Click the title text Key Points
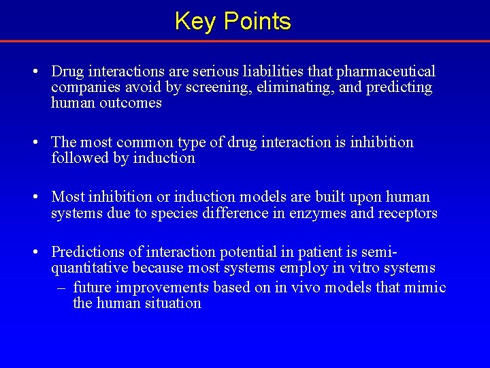point(233,21)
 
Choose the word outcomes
point(129,103)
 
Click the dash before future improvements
point(61,287)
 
